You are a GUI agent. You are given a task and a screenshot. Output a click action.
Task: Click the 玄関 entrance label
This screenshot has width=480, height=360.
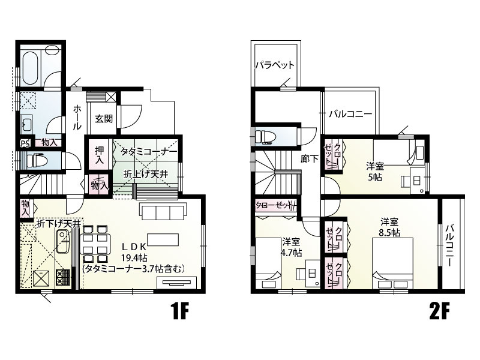tap(104, 118)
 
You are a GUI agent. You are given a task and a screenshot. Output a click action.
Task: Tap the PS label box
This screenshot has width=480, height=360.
tap(25, 143)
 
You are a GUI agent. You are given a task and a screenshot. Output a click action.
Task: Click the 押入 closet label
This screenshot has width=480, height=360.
tap(100, 155)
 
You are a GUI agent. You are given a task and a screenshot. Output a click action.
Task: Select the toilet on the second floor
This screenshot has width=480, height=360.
tap(266, 137)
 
